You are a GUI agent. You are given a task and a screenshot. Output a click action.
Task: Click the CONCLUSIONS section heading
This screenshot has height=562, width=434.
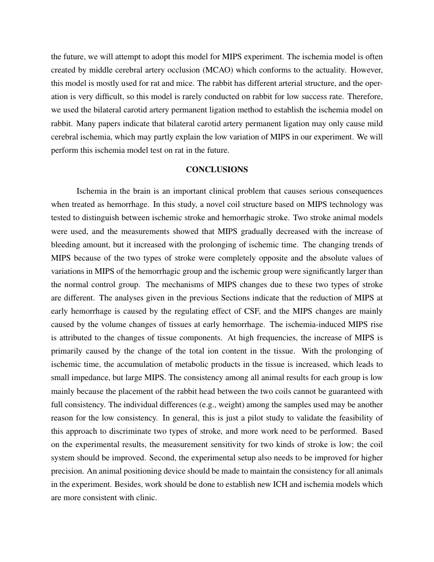coord(217,169)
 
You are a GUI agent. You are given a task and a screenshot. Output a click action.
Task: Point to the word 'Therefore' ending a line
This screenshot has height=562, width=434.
coord(365,96)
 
